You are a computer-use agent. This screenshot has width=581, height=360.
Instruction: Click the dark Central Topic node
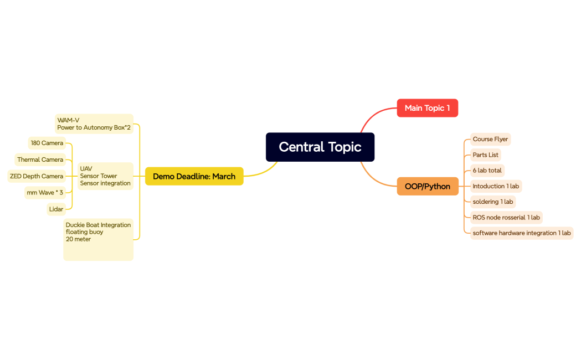coord(320,147)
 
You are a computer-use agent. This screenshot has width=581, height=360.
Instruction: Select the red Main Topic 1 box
coord(427,108)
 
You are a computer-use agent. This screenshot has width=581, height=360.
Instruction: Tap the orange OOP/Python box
coord(428,186)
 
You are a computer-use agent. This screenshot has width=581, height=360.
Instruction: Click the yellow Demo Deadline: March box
coord(194,176)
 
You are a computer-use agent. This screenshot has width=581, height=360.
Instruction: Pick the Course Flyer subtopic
coord(490,139)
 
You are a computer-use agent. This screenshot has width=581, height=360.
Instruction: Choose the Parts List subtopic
coord(485,155)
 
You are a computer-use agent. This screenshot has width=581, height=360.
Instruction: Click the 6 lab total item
coord(487,171)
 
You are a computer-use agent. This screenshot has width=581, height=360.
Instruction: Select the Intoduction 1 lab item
coord(496,186)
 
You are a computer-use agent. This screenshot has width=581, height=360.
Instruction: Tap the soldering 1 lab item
coord(493,202)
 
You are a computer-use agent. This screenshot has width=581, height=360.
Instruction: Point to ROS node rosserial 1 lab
coord(506,218)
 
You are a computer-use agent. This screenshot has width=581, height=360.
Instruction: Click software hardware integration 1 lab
coord(522,233)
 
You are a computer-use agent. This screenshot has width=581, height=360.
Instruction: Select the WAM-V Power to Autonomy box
coord(94,124)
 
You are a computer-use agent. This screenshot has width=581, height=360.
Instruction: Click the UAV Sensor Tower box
coord(105,176)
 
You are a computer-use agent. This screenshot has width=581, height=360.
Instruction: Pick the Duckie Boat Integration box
coord(98,240)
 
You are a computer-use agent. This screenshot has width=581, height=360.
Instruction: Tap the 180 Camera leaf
coord(47,143)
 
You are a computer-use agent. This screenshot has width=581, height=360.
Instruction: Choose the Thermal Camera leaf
coord(40,160)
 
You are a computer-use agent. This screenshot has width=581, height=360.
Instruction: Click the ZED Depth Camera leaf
coord(37,176)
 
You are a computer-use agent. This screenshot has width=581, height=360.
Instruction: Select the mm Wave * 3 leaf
coord(45,193)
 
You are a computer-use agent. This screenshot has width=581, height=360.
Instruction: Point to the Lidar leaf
coord(56,209)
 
